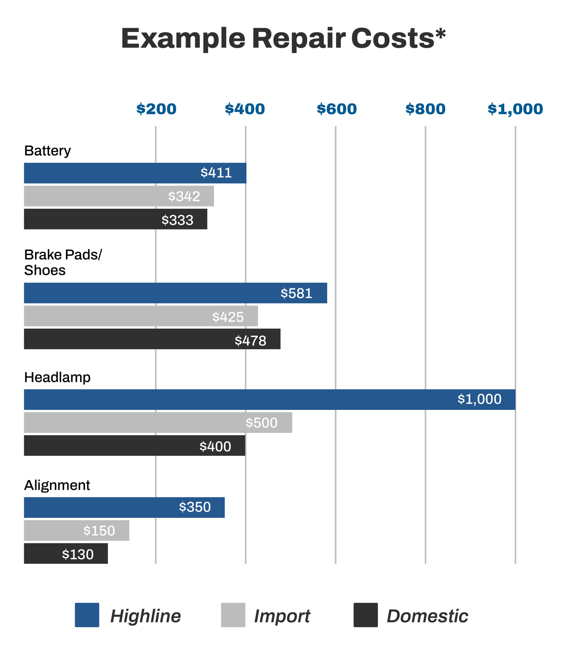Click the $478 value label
(x=250, y=341)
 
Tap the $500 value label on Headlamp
(x=261, y=423)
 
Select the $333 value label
(x=178, y=220)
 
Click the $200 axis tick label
(x=156, y=109)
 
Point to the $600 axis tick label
(x=337, y=109)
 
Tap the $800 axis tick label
(x=425, y=109)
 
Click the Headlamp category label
(x=57, y=377)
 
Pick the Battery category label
(x=48, y=151)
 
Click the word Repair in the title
(x=299, y=38)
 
